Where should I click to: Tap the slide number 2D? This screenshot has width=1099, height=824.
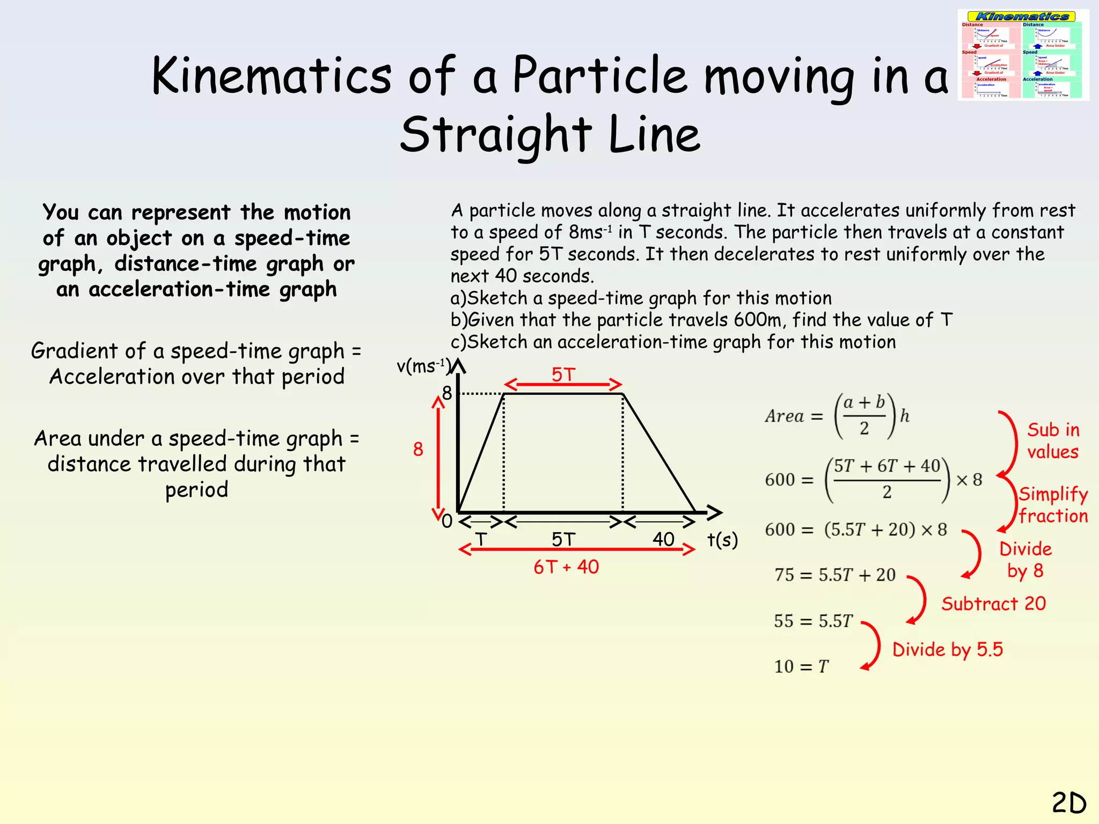click(1068, 803)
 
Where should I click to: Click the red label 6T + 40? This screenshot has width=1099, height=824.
click(566, 567)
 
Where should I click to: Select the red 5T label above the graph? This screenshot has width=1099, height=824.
click(563, 374)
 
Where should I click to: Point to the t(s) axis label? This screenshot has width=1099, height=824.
click(722, 540)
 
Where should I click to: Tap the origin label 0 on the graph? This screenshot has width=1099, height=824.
click(446, 521)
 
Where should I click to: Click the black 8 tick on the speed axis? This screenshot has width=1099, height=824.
click(447, 393)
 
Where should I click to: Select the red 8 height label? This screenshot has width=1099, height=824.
click(418, 449)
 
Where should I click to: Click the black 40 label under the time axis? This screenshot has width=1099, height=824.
click(663, 539)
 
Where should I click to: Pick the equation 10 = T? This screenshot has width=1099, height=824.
click(801, 667)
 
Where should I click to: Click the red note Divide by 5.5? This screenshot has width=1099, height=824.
click(947, 650)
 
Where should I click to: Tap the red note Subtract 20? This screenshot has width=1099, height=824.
click(993, 604)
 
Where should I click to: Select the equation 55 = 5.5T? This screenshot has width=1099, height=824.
click(813, 621)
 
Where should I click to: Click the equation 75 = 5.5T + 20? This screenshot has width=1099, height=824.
click(835, 575)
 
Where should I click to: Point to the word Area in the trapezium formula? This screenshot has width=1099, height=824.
click(785, 416)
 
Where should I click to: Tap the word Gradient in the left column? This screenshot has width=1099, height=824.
click(74, 351)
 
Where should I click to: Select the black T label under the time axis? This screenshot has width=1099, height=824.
click(481, 539)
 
